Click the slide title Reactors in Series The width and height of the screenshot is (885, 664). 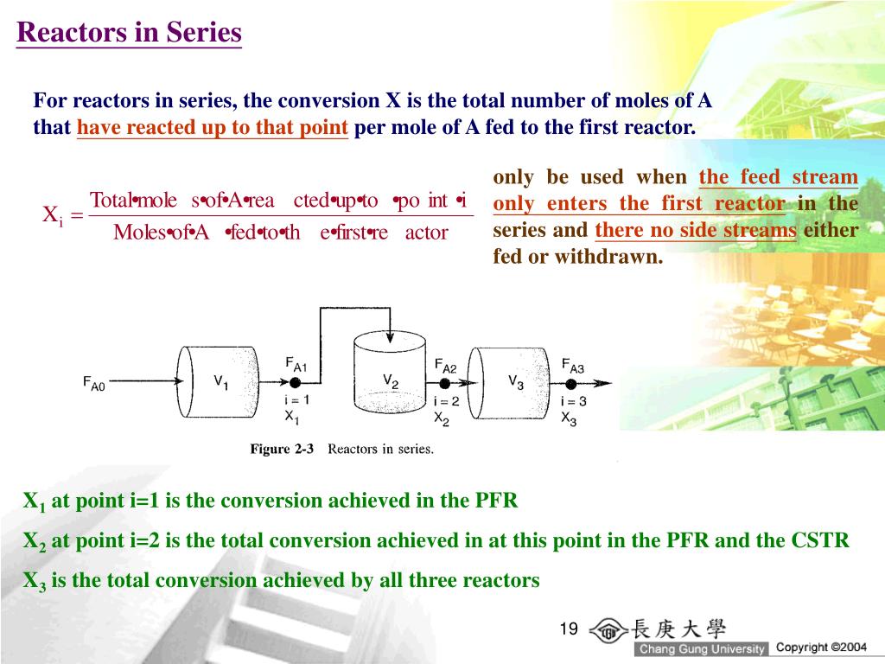pyautogui.click(x=129, y=33)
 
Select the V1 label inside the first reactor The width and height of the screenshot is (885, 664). pyautogui.click(x=221, y=380)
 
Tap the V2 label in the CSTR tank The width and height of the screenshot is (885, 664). pyautogui.click(x=391, y=380)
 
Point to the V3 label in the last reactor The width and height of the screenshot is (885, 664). pyautogui.click(x=515, y=380)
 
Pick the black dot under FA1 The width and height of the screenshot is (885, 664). pyautogui.click(x=295, y=382)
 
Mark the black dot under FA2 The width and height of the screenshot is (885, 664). pyautogui.click(x=445, y=382)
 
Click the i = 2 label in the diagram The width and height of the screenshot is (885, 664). pyautogui.click(x=445, y=401)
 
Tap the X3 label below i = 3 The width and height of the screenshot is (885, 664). pyautogui.click(x=569, y=418)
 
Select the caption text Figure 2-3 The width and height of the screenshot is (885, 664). pyautogui.click(x=282, y=449)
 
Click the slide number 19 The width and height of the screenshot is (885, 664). pyautogui.click(x=568, y=629)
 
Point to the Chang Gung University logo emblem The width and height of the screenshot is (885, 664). pyautogui.click(x=609, y=630)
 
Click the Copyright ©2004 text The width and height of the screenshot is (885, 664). pyautogui.click(x=820, y=647)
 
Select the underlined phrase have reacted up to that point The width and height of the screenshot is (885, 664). pyautogui.click(x=213, y=129)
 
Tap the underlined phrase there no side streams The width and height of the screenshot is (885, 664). pyautogui.click(x=696, y=231)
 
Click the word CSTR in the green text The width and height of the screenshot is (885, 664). pyautogui.click(x=820, y=541)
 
